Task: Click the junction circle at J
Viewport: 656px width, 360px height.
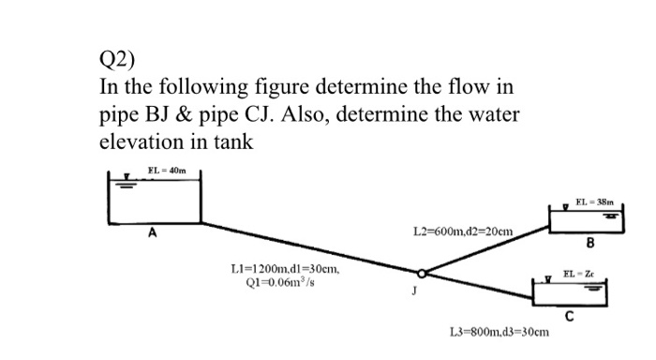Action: [424, 275]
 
